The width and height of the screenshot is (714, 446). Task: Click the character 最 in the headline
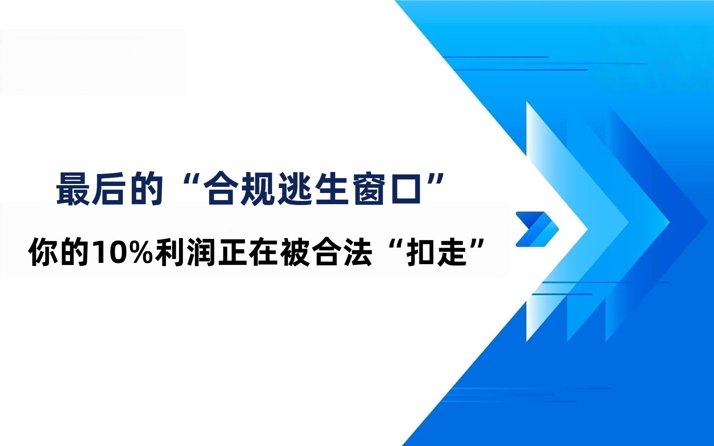tap(73, 189)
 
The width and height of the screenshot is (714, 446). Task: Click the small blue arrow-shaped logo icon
tap(537, 229)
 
